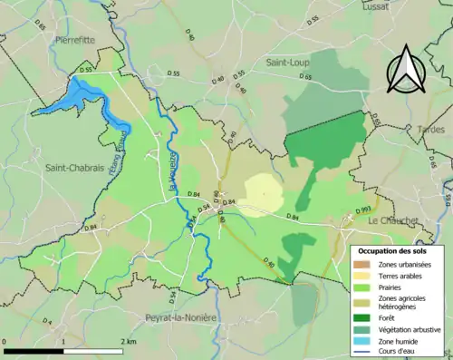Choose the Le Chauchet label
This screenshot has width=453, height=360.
393,220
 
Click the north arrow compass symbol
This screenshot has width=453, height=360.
406,70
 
